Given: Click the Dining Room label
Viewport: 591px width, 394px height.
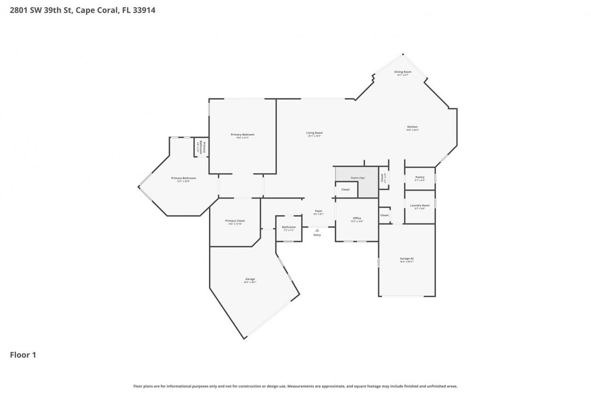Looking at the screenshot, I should click(403, 72).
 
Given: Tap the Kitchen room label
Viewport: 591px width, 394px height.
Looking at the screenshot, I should click(412, 127).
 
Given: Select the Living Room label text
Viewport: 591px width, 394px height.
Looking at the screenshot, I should click(314, 133).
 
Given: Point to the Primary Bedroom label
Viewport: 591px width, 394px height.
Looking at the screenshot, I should click(242, 135).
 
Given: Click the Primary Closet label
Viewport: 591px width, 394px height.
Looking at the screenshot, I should click(235, 221).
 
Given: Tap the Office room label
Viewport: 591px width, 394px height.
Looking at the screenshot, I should click(357, 218).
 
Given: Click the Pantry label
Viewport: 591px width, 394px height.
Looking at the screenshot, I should click(420, 177).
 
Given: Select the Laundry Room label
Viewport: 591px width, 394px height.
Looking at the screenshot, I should click(420, 205).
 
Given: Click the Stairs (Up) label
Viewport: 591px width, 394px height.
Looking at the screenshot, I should click(358, 178).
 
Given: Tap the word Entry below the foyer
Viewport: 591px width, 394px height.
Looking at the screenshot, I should click(317, 235).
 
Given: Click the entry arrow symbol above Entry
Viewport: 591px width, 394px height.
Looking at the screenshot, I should click(317, 230).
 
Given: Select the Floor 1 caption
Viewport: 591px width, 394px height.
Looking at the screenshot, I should click(23, 355).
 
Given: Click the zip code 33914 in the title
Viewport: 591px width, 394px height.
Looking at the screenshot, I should click(141, 10).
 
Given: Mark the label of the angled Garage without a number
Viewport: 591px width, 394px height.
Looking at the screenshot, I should click(250, 279).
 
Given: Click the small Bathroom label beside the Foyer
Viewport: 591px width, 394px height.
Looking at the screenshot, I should click(288, 227).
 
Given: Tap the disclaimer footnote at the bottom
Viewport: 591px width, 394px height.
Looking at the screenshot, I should click(296, 386).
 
